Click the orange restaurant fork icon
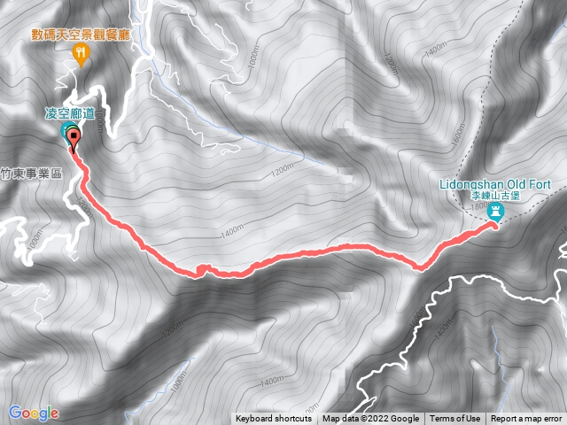(x=82, y=55)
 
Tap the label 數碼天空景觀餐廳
(x=82, y=36)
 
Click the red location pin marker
(x=73, y=138)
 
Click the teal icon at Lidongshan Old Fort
(x=496, y=212)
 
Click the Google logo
(x=33, y=413)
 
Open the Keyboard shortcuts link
(x=274, y=419)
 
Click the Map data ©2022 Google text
(x=371, y=419)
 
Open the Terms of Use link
(x=455, y=419)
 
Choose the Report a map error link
(x=527, y=419)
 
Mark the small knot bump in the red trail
(x=203, y=268)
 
